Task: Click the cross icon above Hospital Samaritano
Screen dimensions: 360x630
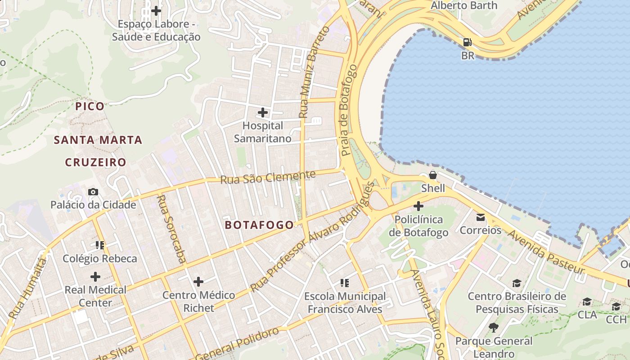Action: pyautogui.click(x=263, y=112)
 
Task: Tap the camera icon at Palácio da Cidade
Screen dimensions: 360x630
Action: pyautogui.click(x=93, y=192)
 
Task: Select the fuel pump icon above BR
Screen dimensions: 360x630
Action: pyautogui.click(x=468, y=42)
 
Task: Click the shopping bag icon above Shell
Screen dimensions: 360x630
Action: pyautogui.click(x=433, y=175)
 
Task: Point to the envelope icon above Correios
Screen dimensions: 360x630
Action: pyautogui.click(x=480, y=217)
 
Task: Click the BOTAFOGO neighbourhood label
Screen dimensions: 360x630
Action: pyautogui.click(x=259, y=225)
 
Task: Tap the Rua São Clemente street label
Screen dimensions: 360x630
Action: pyautogui.click(x=268, y=177)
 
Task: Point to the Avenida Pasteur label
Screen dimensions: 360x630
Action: pyautogui.click(x=546, y=252)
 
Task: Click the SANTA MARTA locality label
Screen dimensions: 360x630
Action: pyautogui.click(x=98, y=140)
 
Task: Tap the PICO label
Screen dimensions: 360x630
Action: pyautogui.click(x=90, y=106)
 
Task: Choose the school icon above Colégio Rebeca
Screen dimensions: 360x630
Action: pyautogui.click(x=100, y=245)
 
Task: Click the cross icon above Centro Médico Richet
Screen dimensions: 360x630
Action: pyautogui.click(x=198, y=282)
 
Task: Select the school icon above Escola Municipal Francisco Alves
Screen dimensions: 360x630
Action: pyautogui.click(x=345, y=283)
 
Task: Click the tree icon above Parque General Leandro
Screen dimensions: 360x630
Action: pyautogui.click(x=494, y=327)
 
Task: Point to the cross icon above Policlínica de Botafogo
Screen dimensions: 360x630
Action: pyautogui.click(x=418, y=206)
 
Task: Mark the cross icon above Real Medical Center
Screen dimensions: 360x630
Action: pyautogui.click(x=95, y=276)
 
